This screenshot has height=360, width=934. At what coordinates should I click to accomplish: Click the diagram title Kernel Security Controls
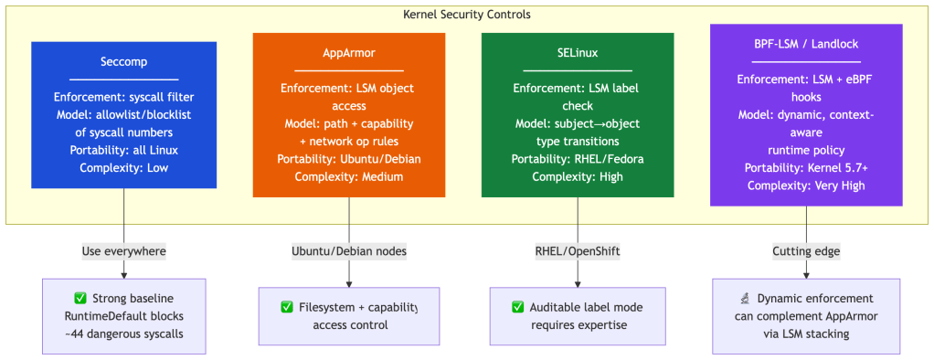(467, 15)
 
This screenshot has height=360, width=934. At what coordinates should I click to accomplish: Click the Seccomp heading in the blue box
(124, 61)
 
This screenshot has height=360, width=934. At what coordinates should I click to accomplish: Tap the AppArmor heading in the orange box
(349, 52)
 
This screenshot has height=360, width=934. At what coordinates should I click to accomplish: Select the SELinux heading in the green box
(578, 52)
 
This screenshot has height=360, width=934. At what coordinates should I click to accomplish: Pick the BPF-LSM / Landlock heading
(806, 44)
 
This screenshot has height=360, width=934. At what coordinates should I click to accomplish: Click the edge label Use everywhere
(124, 251)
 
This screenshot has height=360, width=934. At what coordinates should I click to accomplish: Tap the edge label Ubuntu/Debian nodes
(349, 251)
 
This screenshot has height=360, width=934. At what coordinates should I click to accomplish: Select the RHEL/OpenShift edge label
(578, 251)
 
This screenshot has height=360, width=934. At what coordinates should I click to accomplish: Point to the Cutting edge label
(806, 251)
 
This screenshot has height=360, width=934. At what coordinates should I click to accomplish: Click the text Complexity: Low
(124, 167)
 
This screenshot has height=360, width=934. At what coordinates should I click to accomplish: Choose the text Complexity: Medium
(349, 176)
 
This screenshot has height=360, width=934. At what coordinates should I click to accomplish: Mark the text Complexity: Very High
(806, 185)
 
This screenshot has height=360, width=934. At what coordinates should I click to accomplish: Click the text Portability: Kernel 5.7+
(806, 168)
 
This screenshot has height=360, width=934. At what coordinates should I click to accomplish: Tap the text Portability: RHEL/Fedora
(578, 159)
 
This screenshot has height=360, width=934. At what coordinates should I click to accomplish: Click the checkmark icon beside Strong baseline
(80, 298)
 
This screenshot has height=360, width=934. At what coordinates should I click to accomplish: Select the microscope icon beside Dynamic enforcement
(745, 298)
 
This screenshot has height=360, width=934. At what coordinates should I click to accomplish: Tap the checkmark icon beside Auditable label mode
(517, 307)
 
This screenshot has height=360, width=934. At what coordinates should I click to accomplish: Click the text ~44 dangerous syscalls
(124, 334)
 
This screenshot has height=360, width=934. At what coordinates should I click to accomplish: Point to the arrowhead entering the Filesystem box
(349, 284)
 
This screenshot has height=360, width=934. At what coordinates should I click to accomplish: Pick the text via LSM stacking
(806, 334)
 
